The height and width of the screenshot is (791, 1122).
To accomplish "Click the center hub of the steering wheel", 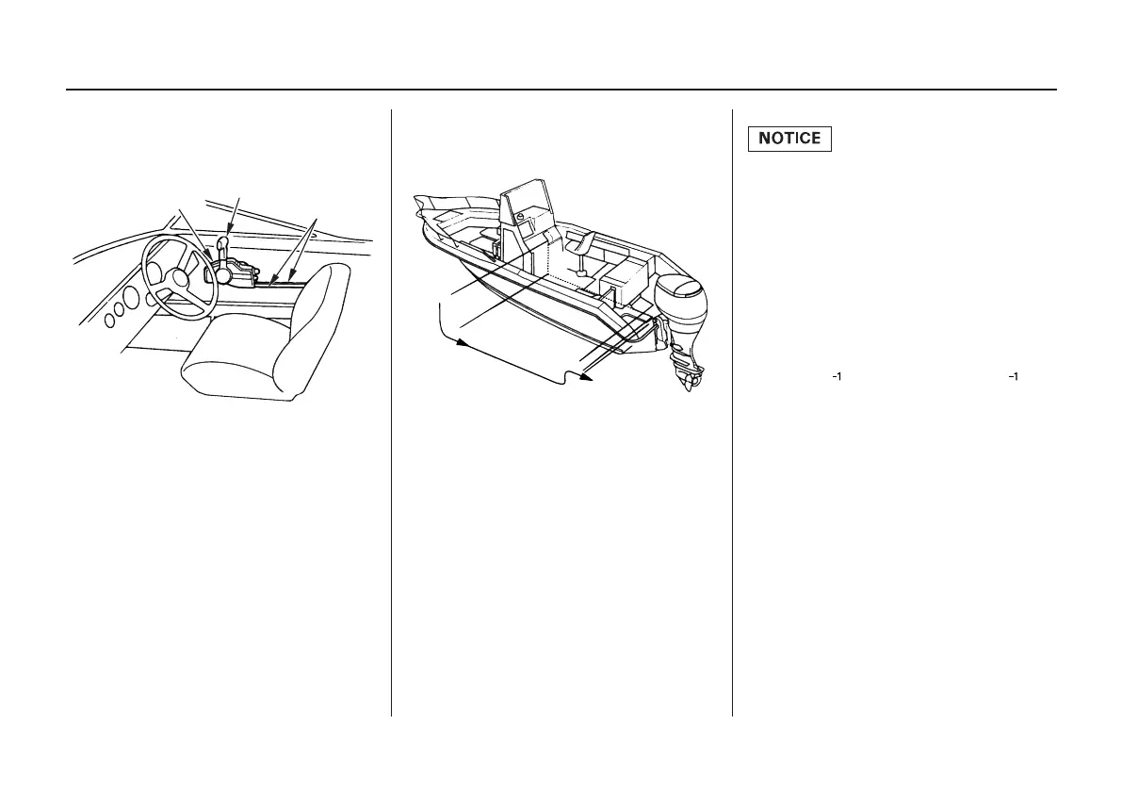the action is coord(179,275).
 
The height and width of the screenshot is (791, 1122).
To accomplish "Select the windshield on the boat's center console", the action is coord(521,205).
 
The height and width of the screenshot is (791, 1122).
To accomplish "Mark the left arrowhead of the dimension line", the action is coord(462,344).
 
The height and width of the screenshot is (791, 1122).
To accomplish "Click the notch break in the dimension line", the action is coord(564,377).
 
